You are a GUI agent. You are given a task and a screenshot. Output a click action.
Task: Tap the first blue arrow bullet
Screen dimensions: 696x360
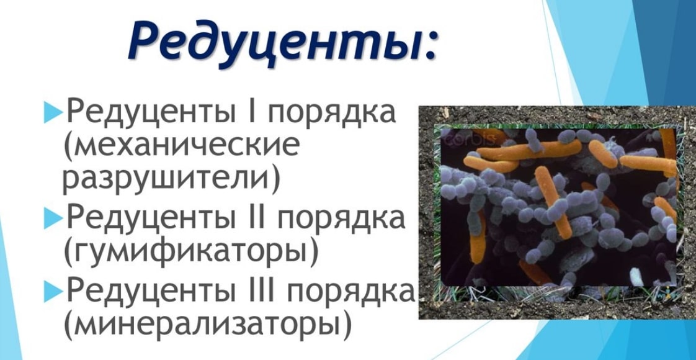[52, 113]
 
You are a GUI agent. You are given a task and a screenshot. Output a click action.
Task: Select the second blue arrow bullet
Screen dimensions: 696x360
[52, 219]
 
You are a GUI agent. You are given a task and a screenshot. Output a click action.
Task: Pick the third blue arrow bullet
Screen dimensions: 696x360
[52, 293]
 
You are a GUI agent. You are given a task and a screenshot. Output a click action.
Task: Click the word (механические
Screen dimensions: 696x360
[181, 146]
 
